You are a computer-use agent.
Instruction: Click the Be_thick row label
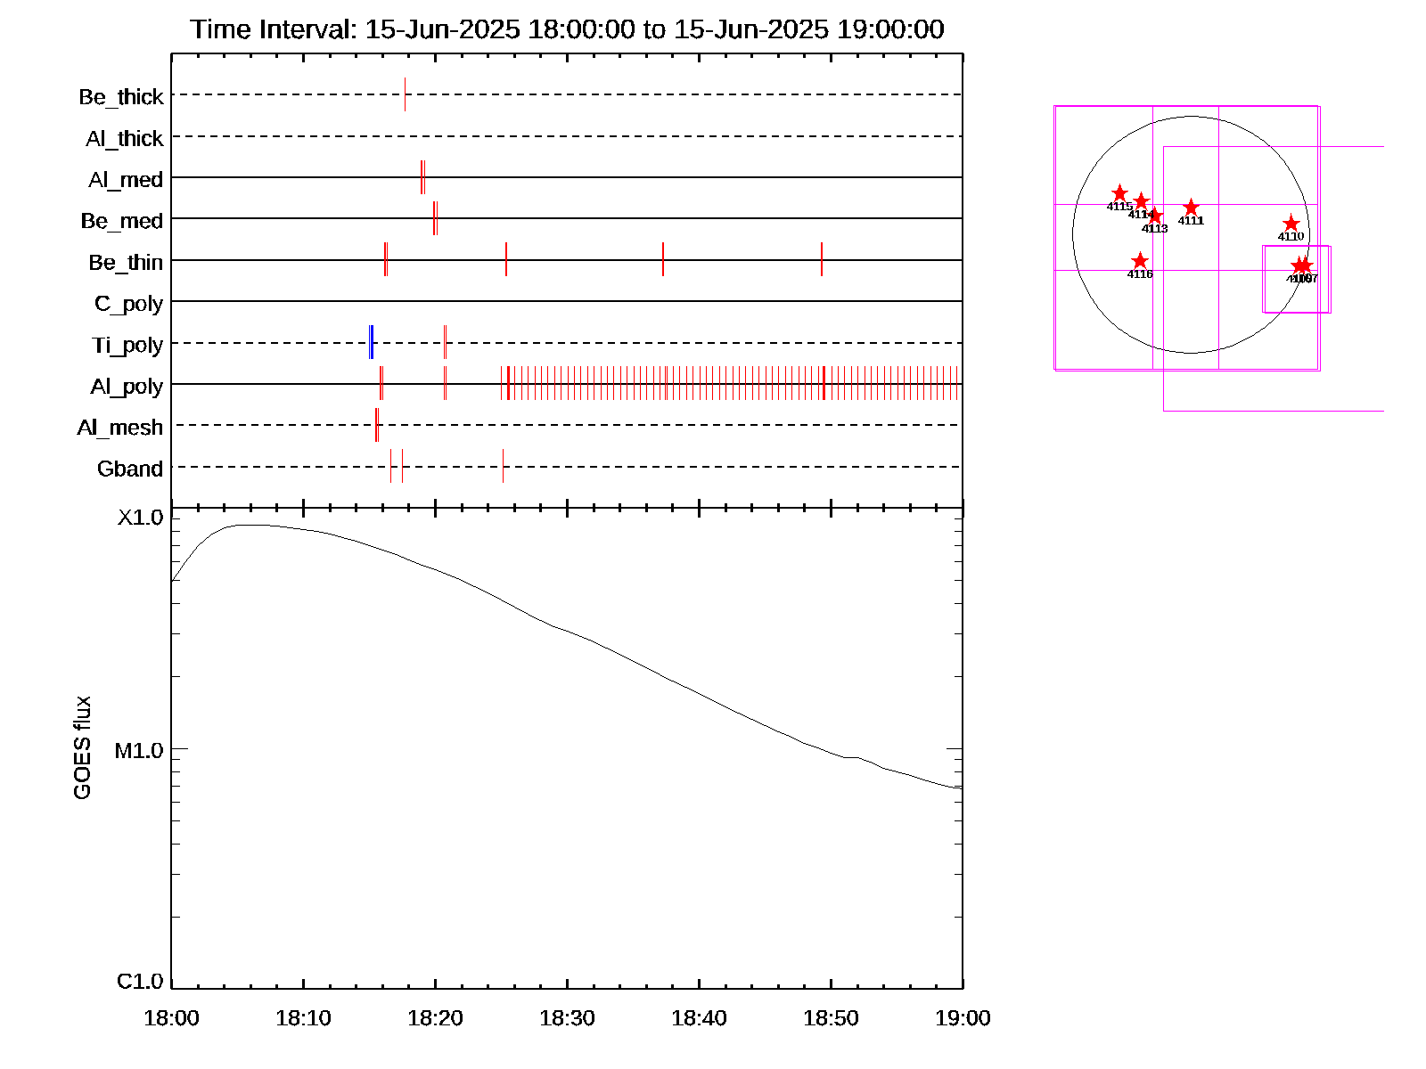click(121, 96)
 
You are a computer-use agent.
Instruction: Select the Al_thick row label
click(125, 138)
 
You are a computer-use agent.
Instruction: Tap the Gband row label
click(130, 469)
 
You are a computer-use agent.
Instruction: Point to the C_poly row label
click(129, 304)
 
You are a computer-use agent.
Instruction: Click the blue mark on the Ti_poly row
click(371, 343)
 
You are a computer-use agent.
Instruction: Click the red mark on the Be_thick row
click(405, 94)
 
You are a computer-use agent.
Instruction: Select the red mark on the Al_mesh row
click(377, 425)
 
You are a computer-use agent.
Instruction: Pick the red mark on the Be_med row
click(435, 218)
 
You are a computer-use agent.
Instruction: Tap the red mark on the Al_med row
click(422, 177)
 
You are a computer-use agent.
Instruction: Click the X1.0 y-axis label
click(141, 518)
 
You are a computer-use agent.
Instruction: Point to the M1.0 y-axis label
click(140, 751)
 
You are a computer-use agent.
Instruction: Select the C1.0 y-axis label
click(141, 982)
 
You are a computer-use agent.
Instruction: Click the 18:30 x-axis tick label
click(567, 1018)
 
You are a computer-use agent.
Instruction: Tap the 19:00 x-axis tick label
click(963, 1018)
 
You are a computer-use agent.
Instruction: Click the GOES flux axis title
click(82, 748)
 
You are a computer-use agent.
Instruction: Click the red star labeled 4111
click(1191, 208)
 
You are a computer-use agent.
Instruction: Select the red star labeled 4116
click(1140, 261)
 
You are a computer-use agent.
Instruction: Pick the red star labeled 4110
click(1291, 224)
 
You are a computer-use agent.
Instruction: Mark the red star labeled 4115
click(1119, 193)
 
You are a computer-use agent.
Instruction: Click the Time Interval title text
click(567, 29)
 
